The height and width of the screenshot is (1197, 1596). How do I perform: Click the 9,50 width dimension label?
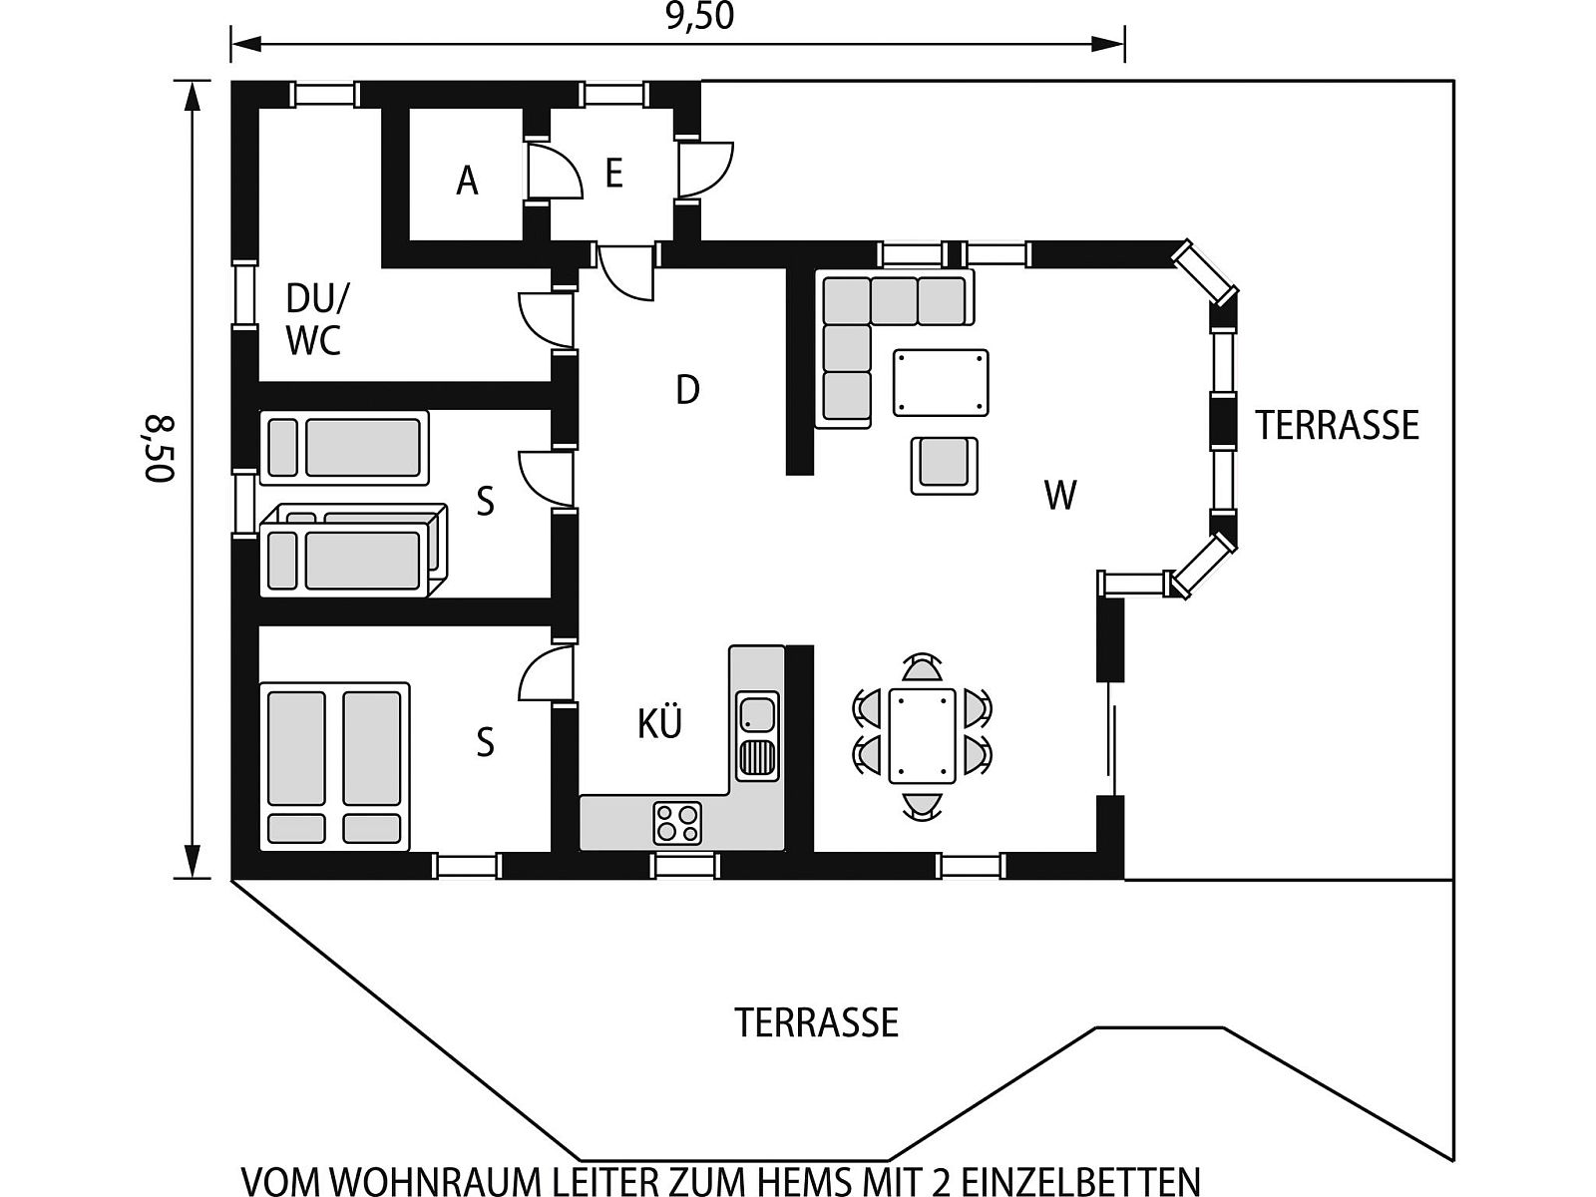699,17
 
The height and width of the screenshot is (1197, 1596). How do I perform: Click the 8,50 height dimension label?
159,449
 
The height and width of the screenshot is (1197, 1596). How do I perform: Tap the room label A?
467,181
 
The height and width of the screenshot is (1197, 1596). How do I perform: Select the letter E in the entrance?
613,175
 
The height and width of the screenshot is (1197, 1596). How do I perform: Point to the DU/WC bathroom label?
317,320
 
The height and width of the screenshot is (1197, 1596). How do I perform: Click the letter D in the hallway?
687,390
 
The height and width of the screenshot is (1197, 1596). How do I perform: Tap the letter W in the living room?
1060,496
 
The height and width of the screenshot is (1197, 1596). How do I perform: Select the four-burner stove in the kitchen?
677,823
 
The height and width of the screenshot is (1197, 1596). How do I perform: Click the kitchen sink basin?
756,713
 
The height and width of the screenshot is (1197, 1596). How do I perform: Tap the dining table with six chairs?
922,736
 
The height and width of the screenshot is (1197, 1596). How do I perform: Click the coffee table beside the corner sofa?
941,383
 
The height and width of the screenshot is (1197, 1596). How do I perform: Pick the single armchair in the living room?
944,465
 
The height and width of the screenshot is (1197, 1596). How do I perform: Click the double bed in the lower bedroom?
334,766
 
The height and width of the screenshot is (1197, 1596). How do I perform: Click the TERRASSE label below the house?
817,1022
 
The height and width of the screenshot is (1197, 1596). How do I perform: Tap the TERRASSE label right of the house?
1338,425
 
